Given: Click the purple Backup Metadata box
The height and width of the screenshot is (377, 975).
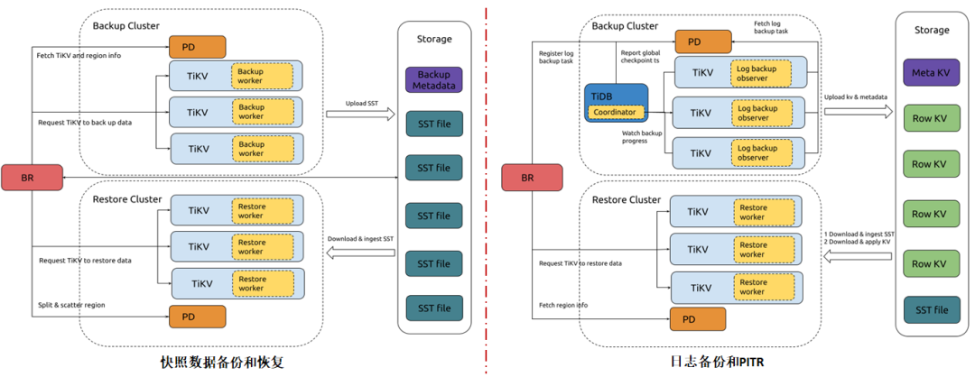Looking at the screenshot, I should [x=433, y=79].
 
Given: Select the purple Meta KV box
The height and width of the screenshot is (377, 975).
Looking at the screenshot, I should [x=931, y=72].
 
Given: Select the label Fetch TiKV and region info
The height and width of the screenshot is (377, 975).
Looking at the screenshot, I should [x=79, y=56].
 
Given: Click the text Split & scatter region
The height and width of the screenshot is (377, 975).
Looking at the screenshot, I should [x=71, y=305].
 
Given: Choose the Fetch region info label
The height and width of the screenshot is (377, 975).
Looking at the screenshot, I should [x=563, y=305].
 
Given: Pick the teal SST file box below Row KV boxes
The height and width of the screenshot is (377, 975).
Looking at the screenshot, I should [x=931, y=310].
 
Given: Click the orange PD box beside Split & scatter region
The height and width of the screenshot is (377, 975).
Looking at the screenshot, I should [x=197, y=317].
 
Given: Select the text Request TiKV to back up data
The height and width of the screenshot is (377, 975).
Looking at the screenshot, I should [x=85, y=121].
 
